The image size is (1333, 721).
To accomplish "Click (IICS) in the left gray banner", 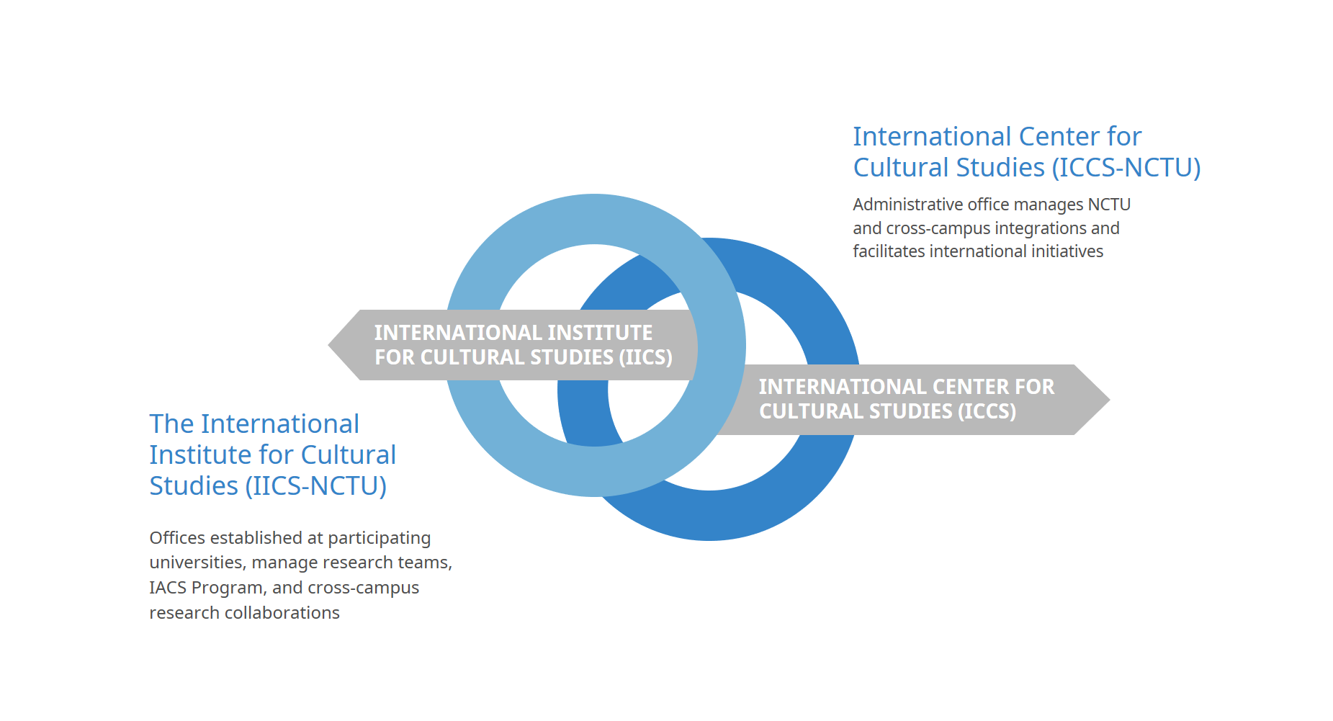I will pyautogui.click(x=645, y=357).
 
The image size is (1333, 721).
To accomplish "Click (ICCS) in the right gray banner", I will pyautogui.click(x=987, y=411).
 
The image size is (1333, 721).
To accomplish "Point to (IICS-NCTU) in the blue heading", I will pyautogui.click(x=315, y=486).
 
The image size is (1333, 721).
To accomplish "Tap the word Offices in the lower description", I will pyautogui.click(x=175, y=538).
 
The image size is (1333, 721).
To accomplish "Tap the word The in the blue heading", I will pyautogui.click(x=171, y=424).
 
